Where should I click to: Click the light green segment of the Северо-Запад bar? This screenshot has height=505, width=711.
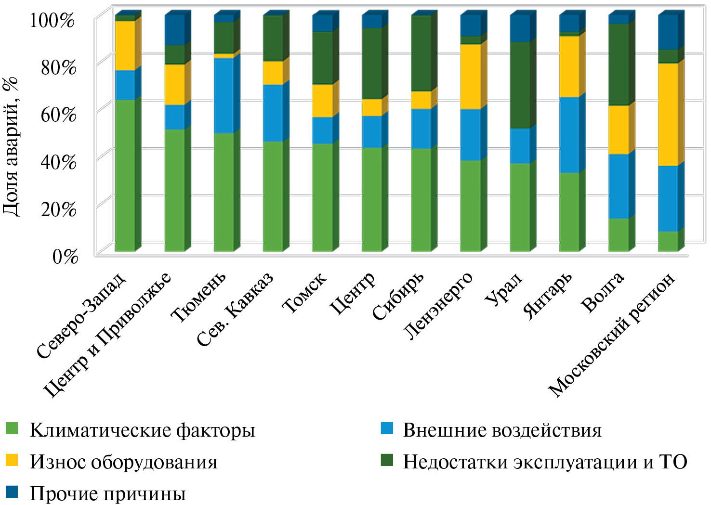tap(125, 175)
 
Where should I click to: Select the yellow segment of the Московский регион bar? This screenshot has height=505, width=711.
tap(668, 115)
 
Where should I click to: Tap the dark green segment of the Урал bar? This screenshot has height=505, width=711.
tap(520, 85)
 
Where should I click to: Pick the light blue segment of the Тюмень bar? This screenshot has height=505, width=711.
tap(224, 95)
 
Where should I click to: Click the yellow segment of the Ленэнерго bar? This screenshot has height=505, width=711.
tap(470, 77)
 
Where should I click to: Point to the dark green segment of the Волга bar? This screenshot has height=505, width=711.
tap(619, 65)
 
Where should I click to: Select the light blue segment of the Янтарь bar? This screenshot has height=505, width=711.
tap(569, 135)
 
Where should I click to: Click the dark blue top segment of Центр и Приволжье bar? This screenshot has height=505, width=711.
tap(174, 30)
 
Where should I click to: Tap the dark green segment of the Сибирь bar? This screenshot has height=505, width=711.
tap(421, 53)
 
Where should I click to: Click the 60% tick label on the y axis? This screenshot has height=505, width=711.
tap(58, 115)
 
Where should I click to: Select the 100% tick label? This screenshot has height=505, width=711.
tap(53, 21)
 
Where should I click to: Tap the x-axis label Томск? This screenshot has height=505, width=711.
tap(305, 292)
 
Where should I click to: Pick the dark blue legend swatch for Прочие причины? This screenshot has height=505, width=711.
tap(12, 492)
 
